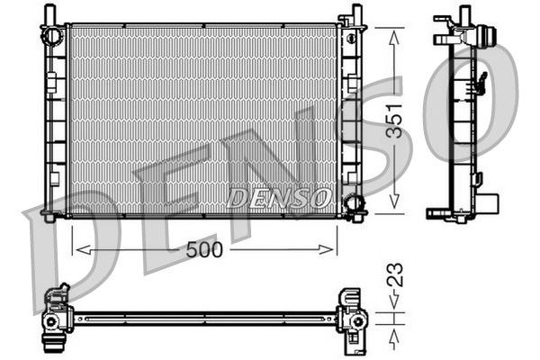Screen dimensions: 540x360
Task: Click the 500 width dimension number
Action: (x=204, y=250)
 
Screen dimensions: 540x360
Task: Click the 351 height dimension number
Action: (x=394, y=121)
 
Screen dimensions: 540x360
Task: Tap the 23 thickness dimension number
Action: (x=394, y=274)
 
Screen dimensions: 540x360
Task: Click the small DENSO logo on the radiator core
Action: (x=279, y=198)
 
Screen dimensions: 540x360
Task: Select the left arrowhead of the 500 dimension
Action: (x=84, y=250)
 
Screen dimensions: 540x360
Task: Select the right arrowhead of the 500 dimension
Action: (x=326, y=250)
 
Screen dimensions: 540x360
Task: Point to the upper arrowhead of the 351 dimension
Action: (x=394, y=37)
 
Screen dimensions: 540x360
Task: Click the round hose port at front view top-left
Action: (x=52, y=35)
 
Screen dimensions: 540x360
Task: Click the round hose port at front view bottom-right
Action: (x=354, y=203)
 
